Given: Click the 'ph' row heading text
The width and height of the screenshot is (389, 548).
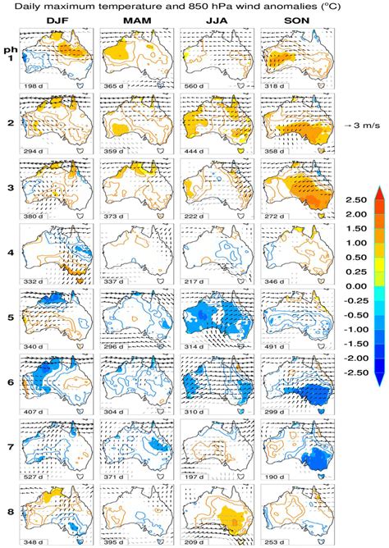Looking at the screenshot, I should pos(10,46).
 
